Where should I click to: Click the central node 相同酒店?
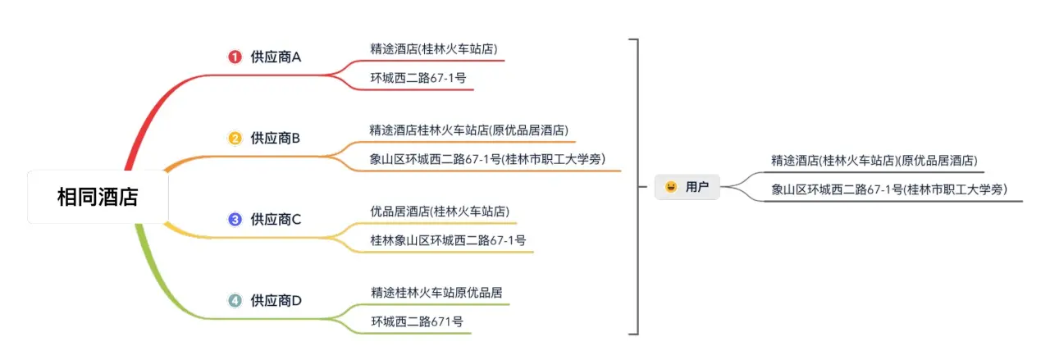click(x=98, y=197)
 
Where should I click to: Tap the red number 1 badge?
click(x=235, y=57)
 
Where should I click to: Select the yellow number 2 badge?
click(x=235, y=138)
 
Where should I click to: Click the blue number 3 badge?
click(x=235, y=219)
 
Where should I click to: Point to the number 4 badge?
click(x=235, y=300)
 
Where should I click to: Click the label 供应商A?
click(x=276, y=57)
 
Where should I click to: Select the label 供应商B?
click(x=276, y=138)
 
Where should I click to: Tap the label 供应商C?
click(x=276, y=219)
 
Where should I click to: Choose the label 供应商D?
click(x=276, y=300)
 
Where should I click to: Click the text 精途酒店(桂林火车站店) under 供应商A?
click(x=434, y=48)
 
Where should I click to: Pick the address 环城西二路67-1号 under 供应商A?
click(x=418, y=78)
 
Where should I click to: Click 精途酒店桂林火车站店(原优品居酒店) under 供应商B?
click(x=469, y=130)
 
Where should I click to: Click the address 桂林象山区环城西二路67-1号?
click(x=448, y=240)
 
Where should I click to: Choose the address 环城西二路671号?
click(x=417, y=321)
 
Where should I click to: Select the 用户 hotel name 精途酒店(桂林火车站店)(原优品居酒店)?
click(x=874, y=160)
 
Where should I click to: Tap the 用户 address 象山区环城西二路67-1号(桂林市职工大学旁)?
click(x=889, y=189)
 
